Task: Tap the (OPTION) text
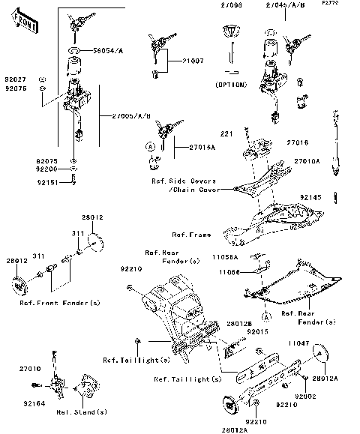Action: click(x=230, y=84)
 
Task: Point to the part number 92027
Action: click(x=15, y=78)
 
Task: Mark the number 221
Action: click(x=224, y=133)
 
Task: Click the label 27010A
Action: click(x=307, y=161)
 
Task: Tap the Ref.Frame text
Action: click(x=191, y=235)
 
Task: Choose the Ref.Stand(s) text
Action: click(x=82, y=412)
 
